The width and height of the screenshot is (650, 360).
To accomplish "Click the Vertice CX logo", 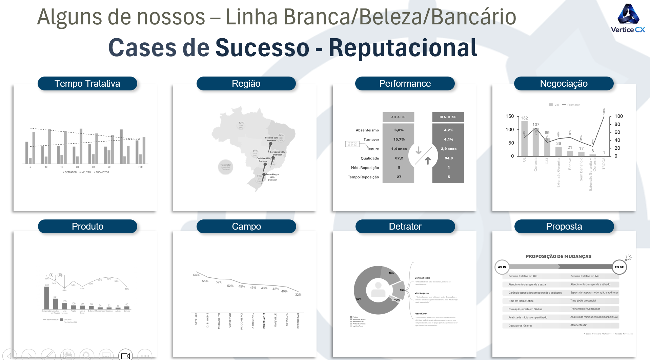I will pyautogui.click(x=628, y=19).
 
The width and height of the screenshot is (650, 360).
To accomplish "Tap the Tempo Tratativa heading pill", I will pyautogui.click(x=87, y=84).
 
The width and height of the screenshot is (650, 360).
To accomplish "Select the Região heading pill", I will pyautogui.click(x=246, y=84).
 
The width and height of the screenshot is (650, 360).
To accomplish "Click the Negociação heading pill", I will pyautogui.click(x=564, y=84).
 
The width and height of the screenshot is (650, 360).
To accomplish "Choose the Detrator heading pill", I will pyautogui.click(x=405, y=227).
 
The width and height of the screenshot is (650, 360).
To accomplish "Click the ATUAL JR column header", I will pyautogui.click(x=398, y=117).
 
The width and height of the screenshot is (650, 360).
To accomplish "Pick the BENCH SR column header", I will pyautogui.click(x=448, y=117).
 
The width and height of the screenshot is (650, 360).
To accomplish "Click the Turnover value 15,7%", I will pyautogui.click(x=399, y=140).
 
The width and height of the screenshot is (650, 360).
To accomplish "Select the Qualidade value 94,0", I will pyautogui.click(x=448, y=158).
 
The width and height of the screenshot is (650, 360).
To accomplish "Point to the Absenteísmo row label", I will pyautogui.click(x=367, y=130).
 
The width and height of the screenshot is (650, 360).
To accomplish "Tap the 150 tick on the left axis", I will pyautogui.click(x=510, y=116).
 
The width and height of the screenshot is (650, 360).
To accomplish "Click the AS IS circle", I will pyautogui.click(x=502, y=267).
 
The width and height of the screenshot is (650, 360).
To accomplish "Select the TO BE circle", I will pyautogui.click(x=619, y=267).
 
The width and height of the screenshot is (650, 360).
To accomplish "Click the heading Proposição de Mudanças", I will pyautogui.click(x=558, y=256).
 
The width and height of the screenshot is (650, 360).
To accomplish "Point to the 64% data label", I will pyautogui.click(x=196, y=275).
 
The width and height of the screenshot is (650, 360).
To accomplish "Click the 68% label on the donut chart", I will pyautogui.click(x=359, y=299).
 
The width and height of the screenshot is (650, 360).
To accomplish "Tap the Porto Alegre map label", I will pyautogui.click(x=272, y=175).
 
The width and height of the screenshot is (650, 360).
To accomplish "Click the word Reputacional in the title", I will pyautogui.click(x=403, y=48).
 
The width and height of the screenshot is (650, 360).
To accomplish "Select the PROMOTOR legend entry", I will pyautogui.click(x=102, y=172).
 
